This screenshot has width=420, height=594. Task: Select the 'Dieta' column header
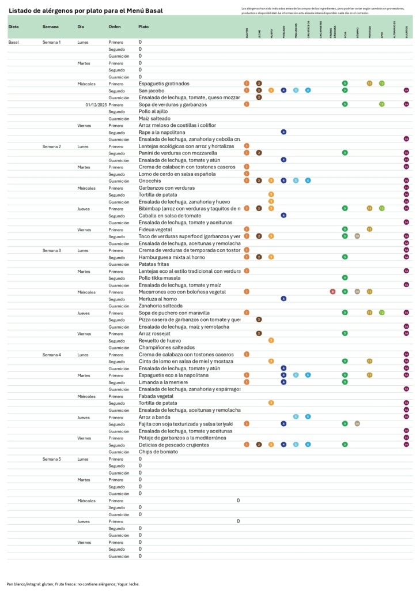point(13,27)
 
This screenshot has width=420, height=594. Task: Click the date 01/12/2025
point(96,104)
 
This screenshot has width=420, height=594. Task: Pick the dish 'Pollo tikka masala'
point(158,278)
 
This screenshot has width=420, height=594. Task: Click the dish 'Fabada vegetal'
point(156,396)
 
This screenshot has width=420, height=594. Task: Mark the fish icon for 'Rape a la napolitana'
point(283,132)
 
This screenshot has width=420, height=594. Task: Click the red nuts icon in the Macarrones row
point(332,292)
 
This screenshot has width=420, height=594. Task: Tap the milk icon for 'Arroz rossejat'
point(259,333)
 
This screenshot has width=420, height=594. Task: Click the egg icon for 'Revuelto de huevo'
point(271,340)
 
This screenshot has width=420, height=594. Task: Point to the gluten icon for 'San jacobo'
point(247,91)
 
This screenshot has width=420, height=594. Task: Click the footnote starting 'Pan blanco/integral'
point(73,584)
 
